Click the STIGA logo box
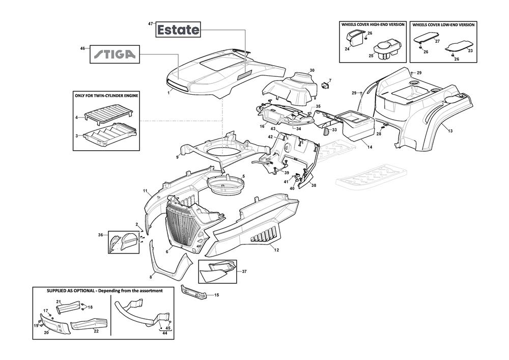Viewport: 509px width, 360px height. (x=115, y=54)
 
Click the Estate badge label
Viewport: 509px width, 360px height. (x=178, y=30)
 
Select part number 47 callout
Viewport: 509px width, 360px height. (x=150, y=24)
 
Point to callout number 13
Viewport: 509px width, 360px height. (x=450, y=131)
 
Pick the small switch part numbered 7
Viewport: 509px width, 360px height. (x=325, y=85)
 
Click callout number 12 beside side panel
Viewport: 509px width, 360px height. (x=276, y=250)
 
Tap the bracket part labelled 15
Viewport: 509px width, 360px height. (x=194, y=294)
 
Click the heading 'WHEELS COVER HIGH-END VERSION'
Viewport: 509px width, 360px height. (x=372, y=24)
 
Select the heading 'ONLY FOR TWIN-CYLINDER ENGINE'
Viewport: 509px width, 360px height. (x=106, y=95)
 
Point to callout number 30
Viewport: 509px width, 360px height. (x=312, y=70)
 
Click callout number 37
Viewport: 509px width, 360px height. (x=244, y=271)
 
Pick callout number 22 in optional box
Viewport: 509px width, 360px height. (x=96, y=330)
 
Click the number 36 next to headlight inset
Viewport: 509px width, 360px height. (x=100, y=235)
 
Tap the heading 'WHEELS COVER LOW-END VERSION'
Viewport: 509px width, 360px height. (x=443, y=24)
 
